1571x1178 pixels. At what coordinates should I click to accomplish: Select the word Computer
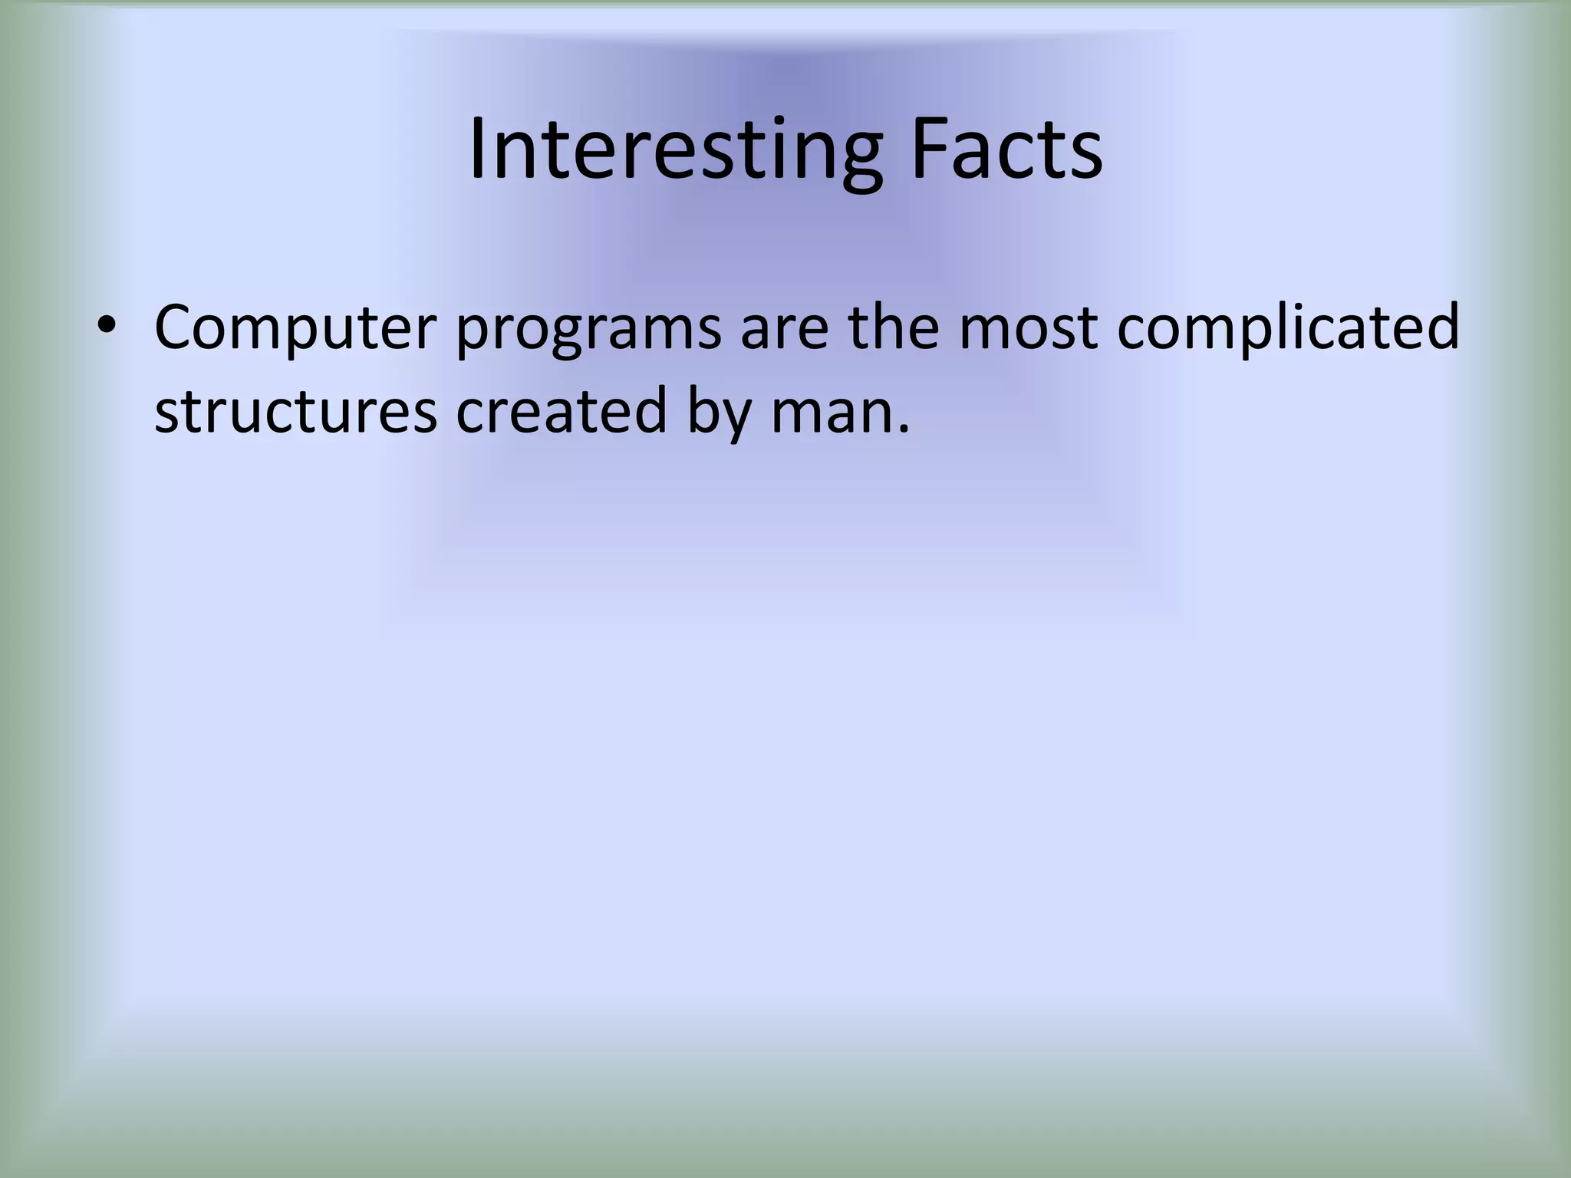295,328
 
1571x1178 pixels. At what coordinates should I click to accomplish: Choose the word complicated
1288,328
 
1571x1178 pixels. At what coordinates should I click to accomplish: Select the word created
562,411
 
